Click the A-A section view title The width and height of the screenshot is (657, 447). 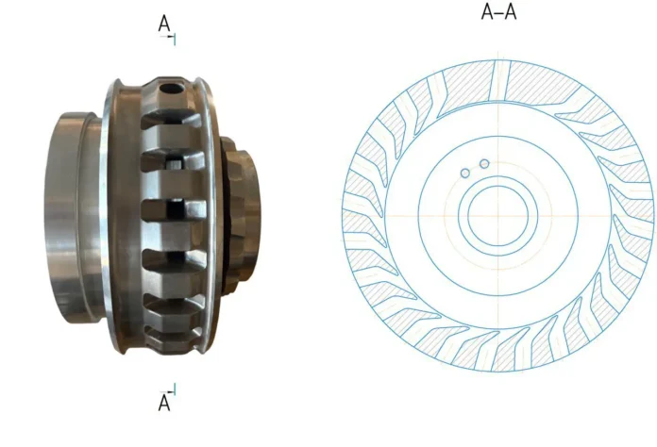(498, 11)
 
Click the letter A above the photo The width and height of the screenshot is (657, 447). (164, 24)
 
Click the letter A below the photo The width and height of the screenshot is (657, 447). (164, 403)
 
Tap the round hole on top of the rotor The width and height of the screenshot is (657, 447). (171, 89)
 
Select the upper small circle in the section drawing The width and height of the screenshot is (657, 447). (484, 164)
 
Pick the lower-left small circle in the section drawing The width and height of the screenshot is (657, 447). (465, 173)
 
